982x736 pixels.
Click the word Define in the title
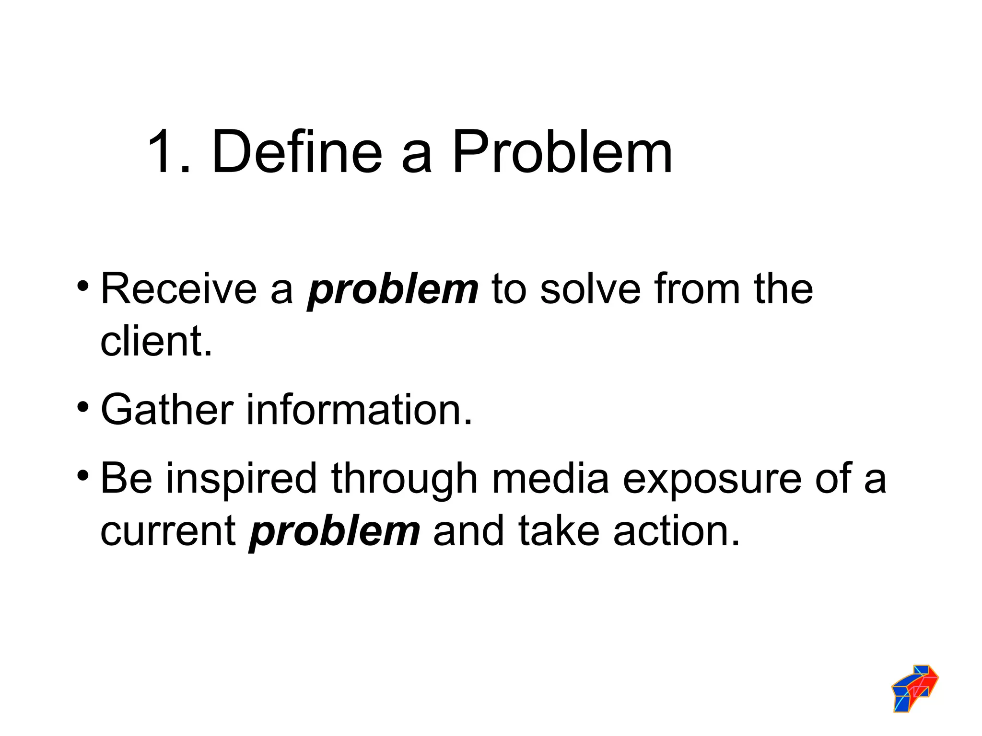point(297,152)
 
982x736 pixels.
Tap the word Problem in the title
point(562,152)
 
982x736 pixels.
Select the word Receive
point(179,289)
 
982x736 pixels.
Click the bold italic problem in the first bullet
point(393,290)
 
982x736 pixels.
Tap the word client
point(156,341)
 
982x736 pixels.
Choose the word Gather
point(167,410)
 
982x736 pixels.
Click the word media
point(550,478)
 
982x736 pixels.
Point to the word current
point(168,531)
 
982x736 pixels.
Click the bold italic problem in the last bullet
point(335,532)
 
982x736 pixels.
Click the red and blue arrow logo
point(915,688)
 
